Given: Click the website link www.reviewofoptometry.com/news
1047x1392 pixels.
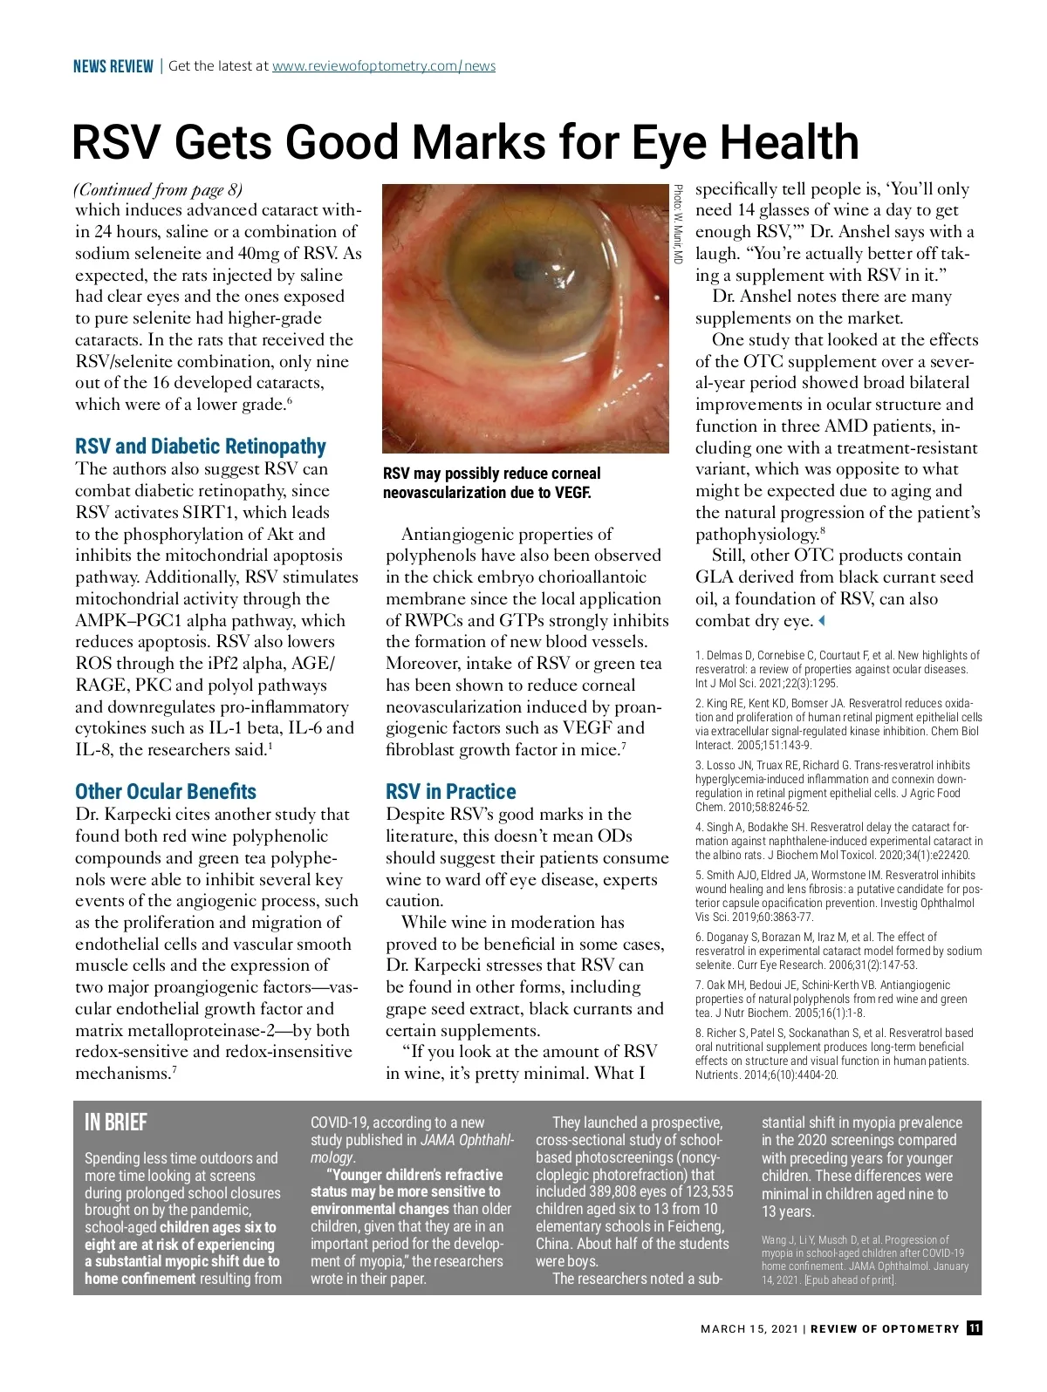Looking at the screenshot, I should (x=383, y=66).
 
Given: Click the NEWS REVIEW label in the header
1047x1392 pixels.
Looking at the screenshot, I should (x=113, y=66).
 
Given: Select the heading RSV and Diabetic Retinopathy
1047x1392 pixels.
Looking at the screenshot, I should (x=200, y=447).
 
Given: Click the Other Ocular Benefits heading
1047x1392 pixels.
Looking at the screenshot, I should (x=166, y=792).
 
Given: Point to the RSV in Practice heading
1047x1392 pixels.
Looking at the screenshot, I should (x=450, y=792).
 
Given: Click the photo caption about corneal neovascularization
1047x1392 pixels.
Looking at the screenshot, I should (x=491, y=483).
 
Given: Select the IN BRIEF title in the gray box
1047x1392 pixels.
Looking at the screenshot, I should (x=116, y=1122).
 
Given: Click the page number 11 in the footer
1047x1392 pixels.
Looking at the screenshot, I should (x=974, y=1328).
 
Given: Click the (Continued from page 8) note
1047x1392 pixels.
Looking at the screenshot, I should (x=159, y=189).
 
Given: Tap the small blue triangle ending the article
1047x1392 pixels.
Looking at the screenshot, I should (x=821, y=621).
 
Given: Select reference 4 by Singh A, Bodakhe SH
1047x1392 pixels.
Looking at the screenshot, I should (x=838, y=841).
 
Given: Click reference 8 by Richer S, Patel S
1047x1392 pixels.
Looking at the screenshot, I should (x=838, y=1054).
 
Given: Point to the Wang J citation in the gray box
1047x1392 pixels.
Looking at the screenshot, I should (x=864, y=1259).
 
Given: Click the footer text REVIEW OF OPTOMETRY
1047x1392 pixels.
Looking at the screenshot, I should (x=885, y=1329).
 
